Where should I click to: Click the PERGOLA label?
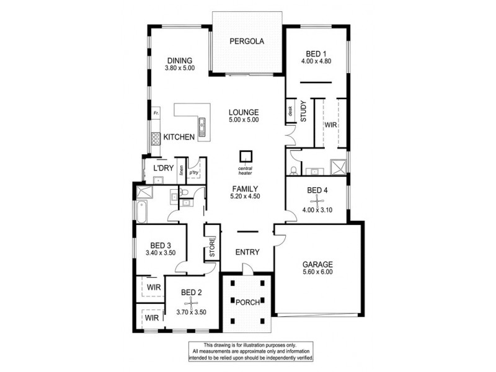[247, 42]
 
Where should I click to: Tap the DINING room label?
[180, 60]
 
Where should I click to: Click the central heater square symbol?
[247, 156]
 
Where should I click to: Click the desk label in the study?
[290, 112]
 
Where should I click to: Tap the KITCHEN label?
[179, 137]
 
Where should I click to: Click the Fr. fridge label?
[156, 113]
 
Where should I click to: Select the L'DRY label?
[163, 169]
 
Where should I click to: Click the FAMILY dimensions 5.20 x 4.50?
[246, 197]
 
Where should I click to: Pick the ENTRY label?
[247, 252]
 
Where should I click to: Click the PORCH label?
[247, 302]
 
